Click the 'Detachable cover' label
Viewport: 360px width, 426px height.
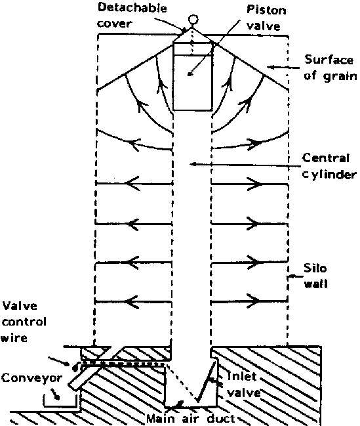[132, 16]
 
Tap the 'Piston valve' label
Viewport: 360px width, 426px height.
[266, 18]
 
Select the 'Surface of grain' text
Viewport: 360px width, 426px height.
[330, 68]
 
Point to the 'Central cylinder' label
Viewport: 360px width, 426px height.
[329, 166]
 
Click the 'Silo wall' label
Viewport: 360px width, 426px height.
[315, 276]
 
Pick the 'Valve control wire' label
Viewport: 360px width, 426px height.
[24, 322]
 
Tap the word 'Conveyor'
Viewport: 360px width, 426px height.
[31, 378]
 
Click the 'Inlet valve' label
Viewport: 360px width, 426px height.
[243, 385]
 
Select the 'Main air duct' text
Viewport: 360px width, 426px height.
[191, 418]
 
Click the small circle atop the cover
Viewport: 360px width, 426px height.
[193, 20]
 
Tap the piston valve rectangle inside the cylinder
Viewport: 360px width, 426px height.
[193, 77]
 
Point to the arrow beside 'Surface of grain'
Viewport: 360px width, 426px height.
[283, 67]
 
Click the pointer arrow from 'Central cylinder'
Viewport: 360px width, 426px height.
[245, 165]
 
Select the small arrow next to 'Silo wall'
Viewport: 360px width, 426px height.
[295, 277]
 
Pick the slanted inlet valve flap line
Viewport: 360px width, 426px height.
[207, 380]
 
